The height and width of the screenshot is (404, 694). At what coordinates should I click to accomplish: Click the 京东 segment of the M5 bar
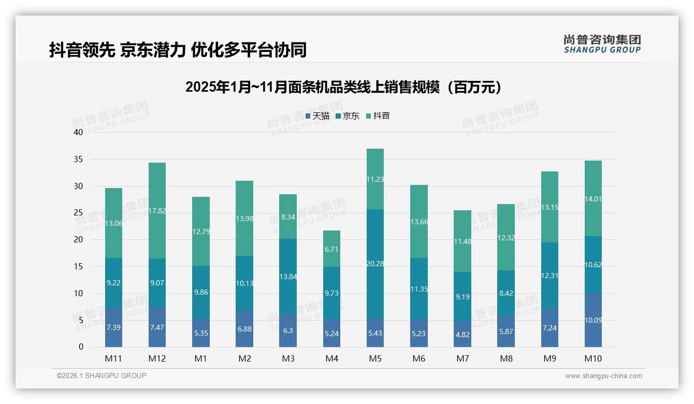375,263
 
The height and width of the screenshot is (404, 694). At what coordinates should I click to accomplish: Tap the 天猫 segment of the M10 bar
593,320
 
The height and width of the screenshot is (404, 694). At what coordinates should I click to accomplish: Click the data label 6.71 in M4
331,250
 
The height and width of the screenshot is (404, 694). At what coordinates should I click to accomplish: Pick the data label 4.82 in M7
462,334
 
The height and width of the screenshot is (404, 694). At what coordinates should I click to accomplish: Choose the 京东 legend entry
348,116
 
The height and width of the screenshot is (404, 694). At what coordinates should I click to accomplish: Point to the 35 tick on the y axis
78,160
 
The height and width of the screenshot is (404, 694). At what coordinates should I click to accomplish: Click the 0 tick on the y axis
81,347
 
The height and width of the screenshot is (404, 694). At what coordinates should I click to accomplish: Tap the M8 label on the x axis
506,358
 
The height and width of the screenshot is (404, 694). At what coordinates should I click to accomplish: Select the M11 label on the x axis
113,358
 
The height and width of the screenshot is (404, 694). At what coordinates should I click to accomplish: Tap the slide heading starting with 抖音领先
178,50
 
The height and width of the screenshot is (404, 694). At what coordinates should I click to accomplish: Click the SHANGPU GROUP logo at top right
602,44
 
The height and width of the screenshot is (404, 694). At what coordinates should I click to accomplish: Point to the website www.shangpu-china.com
603,376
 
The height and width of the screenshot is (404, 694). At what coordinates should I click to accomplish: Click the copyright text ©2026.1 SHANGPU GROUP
102,376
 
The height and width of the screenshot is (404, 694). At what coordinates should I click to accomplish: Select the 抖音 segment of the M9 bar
550,207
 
